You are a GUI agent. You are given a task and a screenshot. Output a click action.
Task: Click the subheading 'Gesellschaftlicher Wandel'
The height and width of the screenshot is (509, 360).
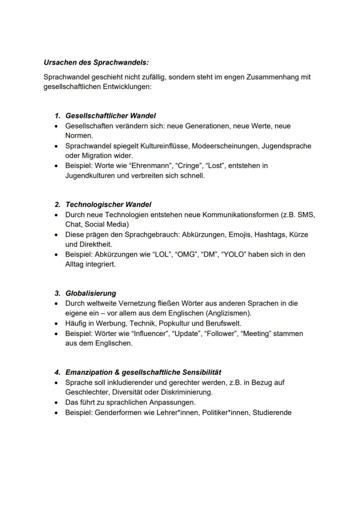click(x=110, y=116)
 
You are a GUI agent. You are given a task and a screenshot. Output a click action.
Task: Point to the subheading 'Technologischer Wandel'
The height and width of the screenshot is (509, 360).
click(x=108, y=204)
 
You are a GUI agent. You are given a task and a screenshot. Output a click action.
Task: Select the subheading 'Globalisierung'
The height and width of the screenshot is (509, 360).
click(x=90, y=293)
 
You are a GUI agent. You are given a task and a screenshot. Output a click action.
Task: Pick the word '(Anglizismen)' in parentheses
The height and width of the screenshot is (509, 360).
click(x=230, y=313)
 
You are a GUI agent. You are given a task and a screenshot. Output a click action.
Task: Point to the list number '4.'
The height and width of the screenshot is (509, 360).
click(x=57, y=373)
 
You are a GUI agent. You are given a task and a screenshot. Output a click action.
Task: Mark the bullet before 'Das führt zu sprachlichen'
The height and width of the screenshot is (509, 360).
click(x=56, y=403)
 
